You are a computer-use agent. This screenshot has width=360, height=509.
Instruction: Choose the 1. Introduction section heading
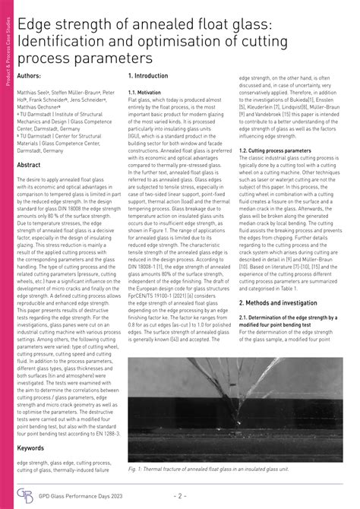pos(153,77)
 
